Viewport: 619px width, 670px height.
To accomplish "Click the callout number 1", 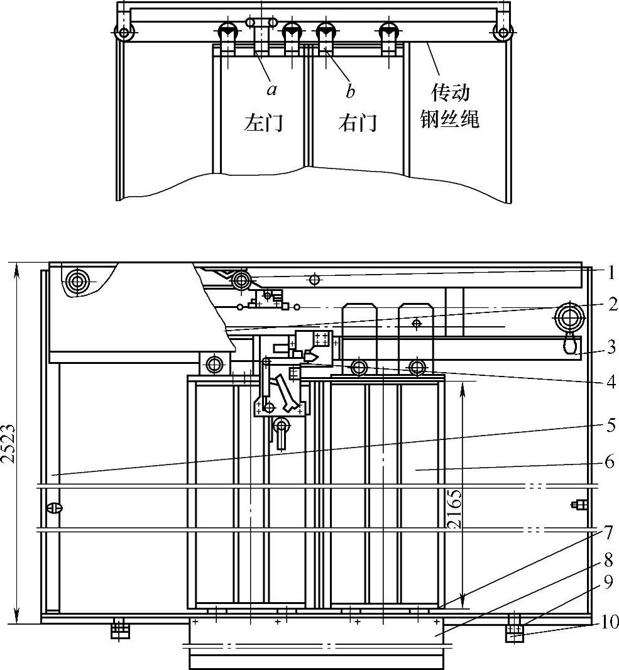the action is pyautogui.click(x=611, y=272).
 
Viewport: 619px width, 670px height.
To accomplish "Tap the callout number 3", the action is pyautogui.click(x=611, y=347).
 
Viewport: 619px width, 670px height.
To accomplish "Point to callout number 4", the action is pyautogui.click(x=611, y=382).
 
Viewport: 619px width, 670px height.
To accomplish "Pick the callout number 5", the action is pyautogui.click(x=611, y=425).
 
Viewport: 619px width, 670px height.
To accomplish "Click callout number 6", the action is pyautogui.click(x=610, y=461).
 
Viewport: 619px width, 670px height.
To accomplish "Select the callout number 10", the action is pyautogui.click(x=609, y=623).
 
